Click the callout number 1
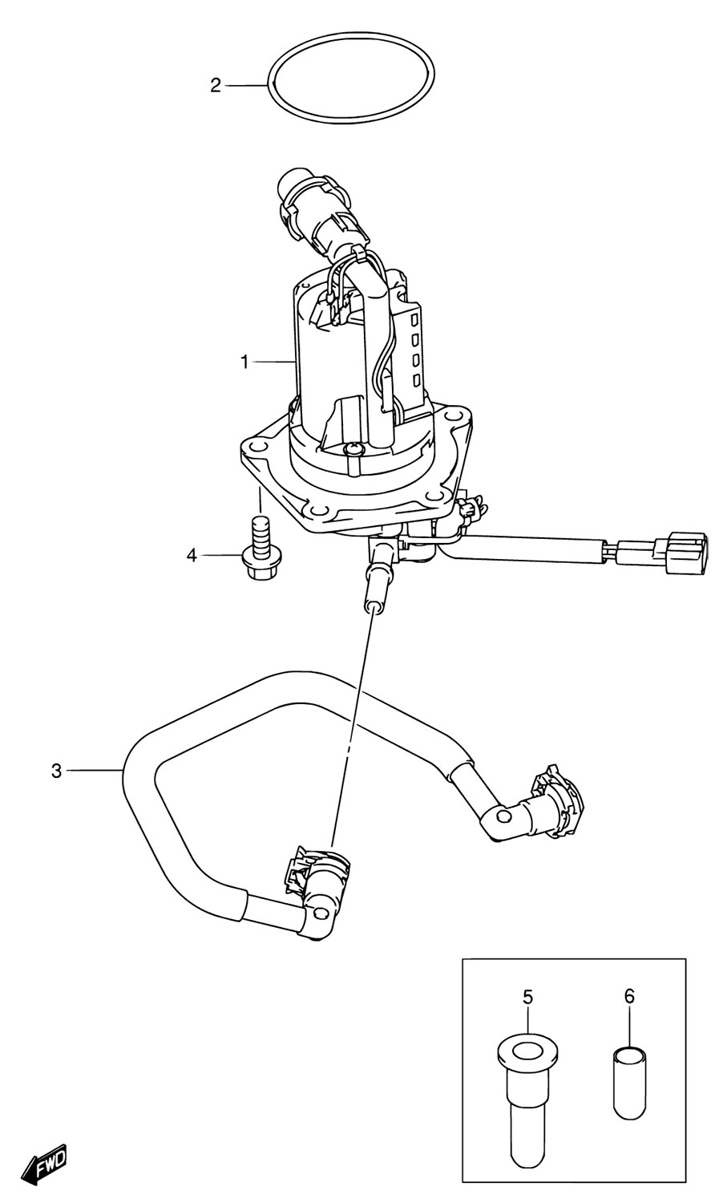click(x=244, y=363)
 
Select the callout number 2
click(x=216, y=85)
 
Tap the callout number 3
click(x=57, y=772)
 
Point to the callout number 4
click(x=192, y=555)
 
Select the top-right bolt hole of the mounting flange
click(x=454, y=415)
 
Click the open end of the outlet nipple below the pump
click(x=372, y=607)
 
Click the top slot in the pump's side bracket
click(x=414, y=321)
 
